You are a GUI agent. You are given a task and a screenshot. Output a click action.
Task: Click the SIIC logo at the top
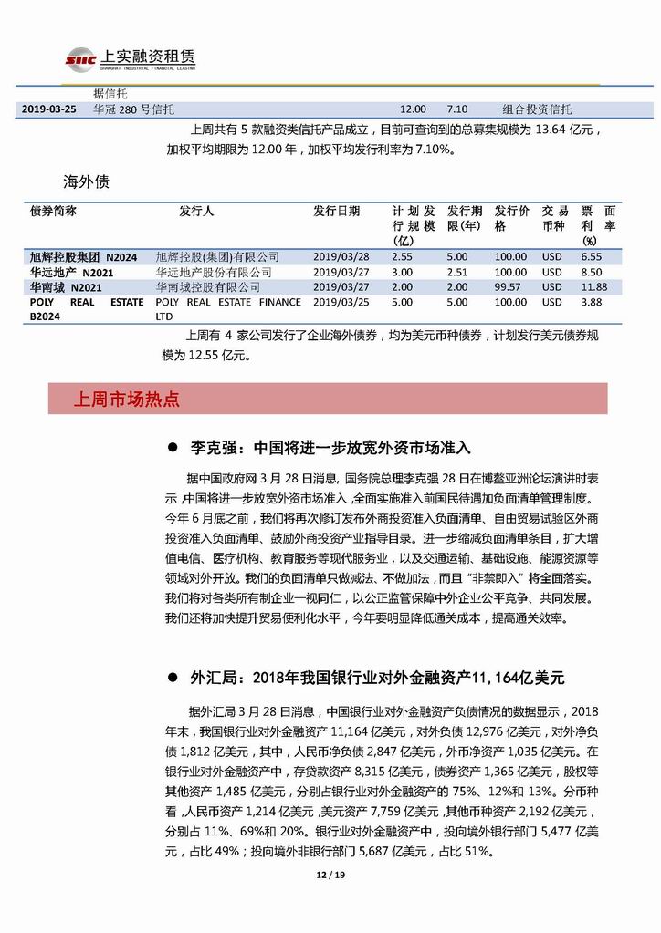coord(80,60)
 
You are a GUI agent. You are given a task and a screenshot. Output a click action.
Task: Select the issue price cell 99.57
coord(510,287)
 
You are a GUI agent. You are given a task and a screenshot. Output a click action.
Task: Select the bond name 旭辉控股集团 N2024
coord(83,257)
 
